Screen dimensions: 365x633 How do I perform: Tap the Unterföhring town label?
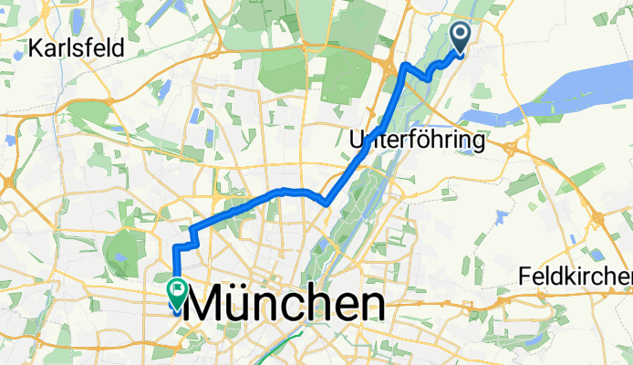click(x=416, y=141)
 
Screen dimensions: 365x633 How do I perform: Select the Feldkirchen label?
click(x=575, y=276)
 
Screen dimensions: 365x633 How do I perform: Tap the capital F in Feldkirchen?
click(x=524, y=276)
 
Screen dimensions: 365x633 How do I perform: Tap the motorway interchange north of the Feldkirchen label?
click(x=599, y=219)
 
